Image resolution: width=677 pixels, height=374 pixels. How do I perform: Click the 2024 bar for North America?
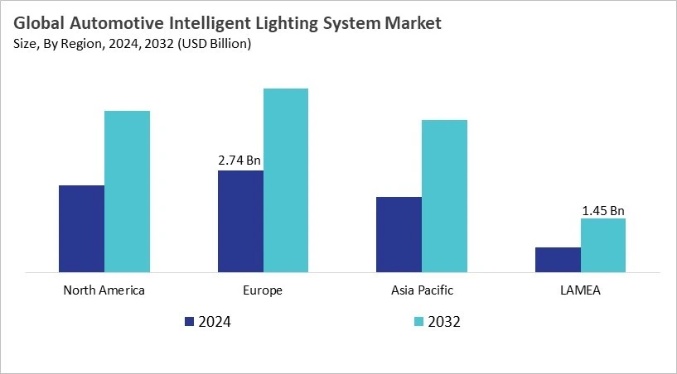coord(81,228)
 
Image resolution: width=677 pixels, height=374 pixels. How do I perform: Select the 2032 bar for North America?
coord(127,191)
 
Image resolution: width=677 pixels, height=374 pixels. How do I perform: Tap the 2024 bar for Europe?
coord(240,221)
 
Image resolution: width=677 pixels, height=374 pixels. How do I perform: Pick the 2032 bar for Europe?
coord(286,180)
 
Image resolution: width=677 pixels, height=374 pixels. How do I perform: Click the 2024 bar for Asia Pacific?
coord(399,234)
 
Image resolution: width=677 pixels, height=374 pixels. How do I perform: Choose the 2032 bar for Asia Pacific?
coord(444,195)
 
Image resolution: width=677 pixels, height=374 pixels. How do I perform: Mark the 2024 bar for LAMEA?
coord(558,259)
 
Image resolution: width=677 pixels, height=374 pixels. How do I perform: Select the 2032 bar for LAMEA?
coord(603,245)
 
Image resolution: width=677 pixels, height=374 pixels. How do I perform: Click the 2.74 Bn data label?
coord(240,161)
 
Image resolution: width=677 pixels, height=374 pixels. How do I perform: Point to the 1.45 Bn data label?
coord(603,210)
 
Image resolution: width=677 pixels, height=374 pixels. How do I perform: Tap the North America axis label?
coord(104,290)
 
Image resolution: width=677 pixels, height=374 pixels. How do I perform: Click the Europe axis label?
coord(263,290)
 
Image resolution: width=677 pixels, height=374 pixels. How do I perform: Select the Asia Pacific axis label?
coord(421,290)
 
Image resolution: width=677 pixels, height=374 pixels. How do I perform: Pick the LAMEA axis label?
coord(580,290)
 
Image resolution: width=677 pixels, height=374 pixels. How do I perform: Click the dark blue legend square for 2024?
coord(189,322)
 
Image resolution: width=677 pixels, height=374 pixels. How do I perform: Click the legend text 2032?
coord(444,322)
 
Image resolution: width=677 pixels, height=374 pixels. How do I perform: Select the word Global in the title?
coord(38,24)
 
